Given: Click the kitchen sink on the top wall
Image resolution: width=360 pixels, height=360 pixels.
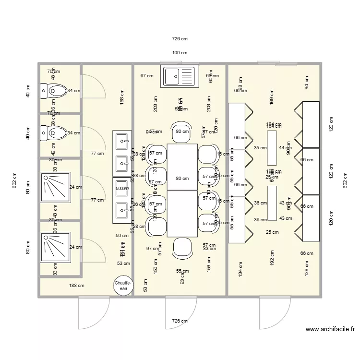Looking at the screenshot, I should click(180, 76).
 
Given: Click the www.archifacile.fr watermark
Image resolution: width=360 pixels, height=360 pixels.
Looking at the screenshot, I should click(330, 329).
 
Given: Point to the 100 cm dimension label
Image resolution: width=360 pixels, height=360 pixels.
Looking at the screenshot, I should click(180, 53).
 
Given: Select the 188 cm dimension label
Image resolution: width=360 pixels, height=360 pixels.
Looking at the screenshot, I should click(77, 286).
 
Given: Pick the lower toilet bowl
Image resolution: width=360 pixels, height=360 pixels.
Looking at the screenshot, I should click(55, 132).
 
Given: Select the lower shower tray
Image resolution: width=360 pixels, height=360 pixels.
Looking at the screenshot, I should click(55, 247).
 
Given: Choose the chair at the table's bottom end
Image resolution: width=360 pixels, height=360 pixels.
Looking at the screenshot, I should click(182, 247).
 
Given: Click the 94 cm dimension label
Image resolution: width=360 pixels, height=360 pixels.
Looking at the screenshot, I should click(306, 82).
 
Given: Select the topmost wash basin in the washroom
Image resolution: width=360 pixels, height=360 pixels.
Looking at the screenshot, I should click(122, 141).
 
